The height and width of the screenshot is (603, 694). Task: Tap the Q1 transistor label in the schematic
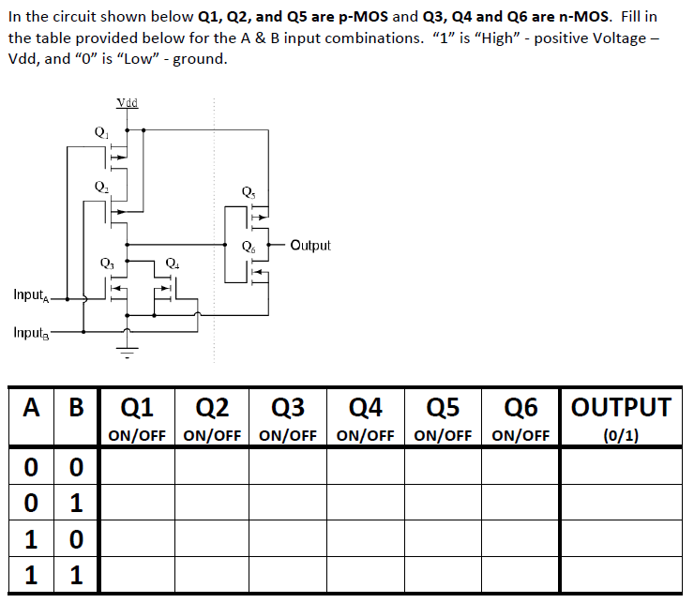click(100, 132)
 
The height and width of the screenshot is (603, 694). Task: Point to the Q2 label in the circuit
click(100, 187)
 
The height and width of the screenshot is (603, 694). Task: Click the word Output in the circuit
click(310, 246)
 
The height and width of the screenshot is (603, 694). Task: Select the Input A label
click(32, 295)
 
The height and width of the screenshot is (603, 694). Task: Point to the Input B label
click(32, 332)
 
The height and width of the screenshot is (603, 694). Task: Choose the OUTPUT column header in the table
click(621, 407)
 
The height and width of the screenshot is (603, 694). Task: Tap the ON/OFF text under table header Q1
click(137, 435)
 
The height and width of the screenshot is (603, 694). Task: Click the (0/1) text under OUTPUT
click(621, 435)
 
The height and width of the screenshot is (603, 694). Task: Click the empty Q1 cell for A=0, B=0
click(137, 465)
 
